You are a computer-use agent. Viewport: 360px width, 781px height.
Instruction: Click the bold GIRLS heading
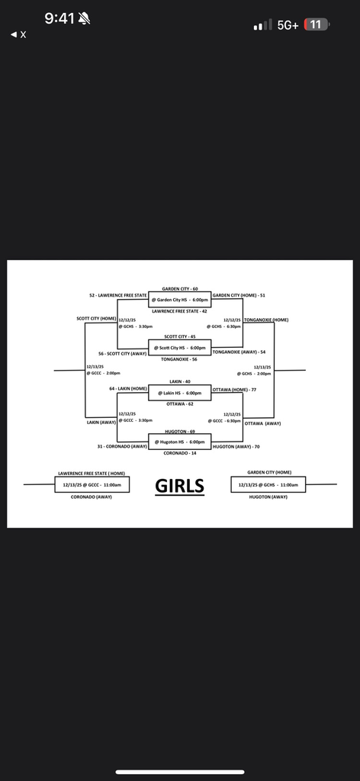[180, 486]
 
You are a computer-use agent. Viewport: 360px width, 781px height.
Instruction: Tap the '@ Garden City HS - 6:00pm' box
[180, 300]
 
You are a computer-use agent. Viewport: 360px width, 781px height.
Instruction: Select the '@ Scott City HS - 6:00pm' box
[180, 348]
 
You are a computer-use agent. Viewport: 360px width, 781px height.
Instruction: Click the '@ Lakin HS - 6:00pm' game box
[180, 393]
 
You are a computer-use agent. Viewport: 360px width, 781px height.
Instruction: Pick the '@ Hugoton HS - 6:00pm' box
[180, 442]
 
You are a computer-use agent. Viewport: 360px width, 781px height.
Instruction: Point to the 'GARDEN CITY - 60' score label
[180, 289]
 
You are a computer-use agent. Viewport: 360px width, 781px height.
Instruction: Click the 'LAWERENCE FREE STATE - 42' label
[180, 311]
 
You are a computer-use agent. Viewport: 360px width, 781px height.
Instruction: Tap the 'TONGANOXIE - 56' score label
[180, 358]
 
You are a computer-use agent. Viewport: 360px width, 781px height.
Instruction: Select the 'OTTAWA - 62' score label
[180, 403]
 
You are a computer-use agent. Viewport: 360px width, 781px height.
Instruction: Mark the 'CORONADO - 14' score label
[180, 453]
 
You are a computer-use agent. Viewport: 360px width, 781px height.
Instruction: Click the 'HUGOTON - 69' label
[180, 431]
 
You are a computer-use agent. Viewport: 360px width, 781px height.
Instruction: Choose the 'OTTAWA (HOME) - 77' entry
[234, 389]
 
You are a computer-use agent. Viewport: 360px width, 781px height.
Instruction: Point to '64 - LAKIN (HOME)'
[128, 389]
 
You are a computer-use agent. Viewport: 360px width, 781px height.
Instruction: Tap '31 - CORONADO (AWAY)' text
[122, 446]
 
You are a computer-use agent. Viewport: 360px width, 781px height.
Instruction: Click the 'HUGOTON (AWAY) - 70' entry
[236, 446]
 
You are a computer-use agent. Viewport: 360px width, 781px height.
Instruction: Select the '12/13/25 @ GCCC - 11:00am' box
[92, 484]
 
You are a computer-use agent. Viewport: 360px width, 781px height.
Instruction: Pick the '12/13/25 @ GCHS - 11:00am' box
[268, 484]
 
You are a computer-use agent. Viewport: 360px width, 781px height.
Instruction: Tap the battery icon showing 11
[317, 24]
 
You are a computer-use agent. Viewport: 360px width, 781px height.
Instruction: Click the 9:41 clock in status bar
[59, 18]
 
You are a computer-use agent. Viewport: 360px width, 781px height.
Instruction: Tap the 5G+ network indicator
[288, 25]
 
